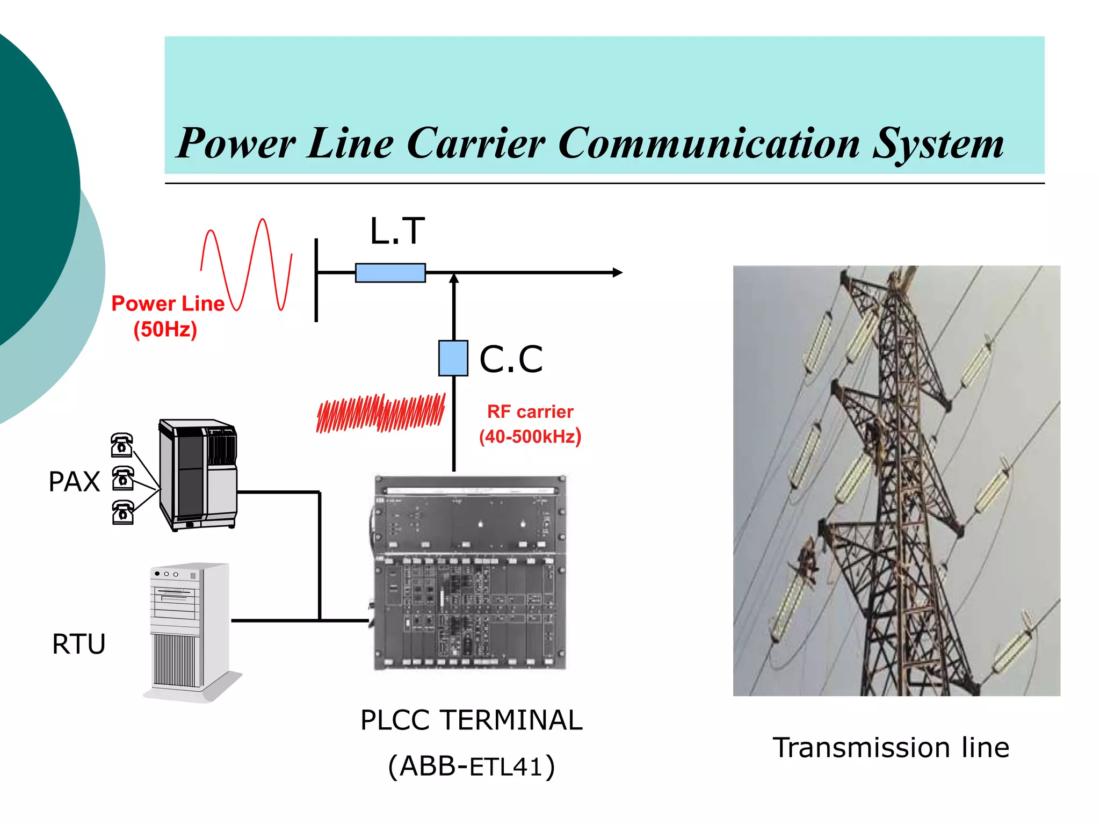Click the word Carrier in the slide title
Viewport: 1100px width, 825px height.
click(x=475, y=144)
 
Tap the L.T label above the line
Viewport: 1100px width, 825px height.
click(x=397, y=231)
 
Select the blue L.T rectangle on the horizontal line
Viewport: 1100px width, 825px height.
click(x=390, y=273)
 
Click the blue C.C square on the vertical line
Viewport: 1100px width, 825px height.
click(x=453, y=358)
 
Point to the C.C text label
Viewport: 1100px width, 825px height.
click(x=511, y=359)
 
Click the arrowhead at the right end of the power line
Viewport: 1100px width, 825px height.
click(x=618, y=272)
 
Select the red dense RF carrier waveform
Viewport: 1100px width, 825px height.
click(x=381, y=413)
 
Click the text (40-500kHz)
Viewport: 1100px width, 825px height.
click(x=530, y=436)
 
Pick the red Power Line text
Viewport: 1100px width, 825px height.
click(x=168, y=303)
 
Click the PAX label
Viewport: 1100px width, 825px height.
click(x=74, y=481)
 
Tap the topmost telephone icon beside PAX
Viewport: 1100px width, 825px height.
click(x=122, y=445)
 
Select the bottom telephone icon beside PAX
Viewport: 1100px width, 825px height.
click(x=123, y=512)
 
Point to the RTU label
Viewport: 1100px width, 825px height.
click(x=78, y=643)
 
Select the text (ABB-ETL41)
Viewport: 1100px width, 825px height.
click(x=471, y=766)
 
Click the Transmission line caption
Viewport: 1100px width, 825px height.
click(x=891, y=748)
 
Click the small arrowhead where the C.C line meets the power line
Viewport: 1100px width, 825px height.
click(x=454, y=278)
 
